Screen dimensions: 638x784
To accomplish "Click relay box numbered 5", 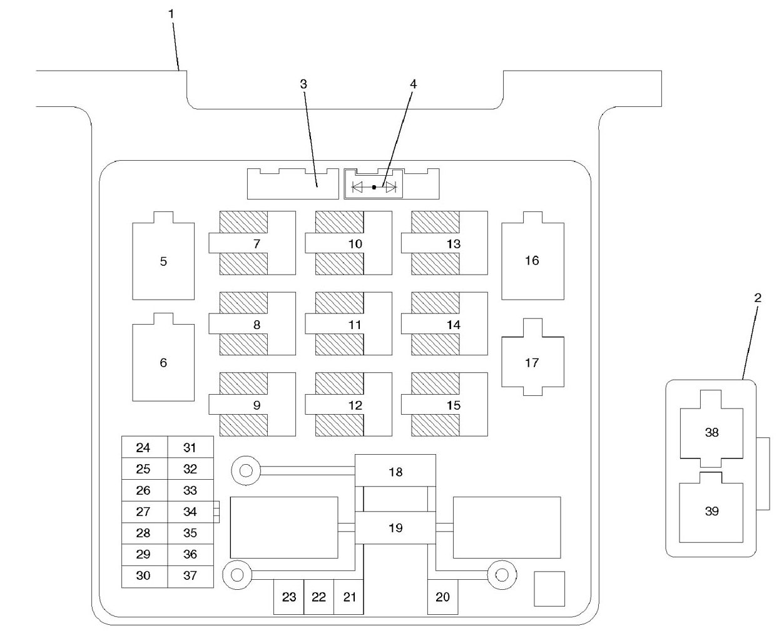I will coord(163,261).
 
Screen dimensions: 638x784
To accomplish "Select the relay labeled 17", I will coord(532,362).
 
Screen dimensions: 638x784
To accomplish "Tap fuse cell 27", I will coord(144,512).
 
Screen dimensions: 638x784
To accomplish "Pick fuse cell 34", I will coord(190,512).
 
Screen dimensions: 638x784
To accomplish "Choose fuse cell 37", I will coord(190,575).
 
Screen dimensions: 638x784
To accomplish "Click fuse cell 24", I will coord(144,448).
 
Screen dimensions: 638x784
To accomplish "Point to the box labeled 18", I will coord(395,472).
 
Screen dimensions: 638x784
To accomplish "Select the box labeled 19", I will coord(395,528).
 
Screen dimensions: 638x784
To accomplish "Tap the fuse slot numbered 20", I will coord(442,597).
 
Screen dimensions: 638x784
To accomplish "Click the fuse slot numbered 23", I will coord(288,597).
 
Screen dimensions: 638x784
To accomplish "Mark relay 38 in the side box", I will coord(711,432).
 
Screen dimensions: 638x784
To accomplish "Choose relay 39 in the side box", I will coord(711,511).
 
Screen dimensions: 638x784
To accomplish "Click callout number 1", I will coord(171,13).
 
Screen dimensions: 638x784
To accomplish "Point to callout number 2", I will coord(758,298).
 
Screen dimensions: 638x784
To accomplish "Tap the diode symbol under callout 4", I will coord(374,186).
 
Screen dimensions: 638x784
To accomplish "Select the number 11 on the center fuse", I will coord(355,325).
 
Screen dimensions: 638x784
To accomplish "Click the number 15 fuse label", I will coord(454,405).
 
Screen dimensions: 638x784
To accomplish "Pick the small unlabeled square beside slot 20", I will coord(549,589).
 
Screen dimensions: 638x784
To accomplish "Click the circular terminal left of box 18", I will coord(246,470).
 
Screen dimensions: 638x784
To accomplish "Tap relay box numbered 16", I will coord(532,260).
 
